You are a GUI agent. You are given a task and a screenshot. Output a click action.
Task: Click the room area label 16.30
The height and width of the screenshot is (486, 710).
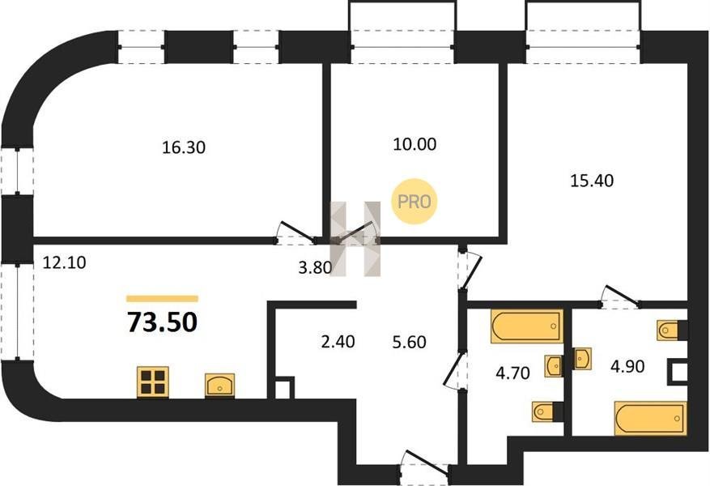[x=184, y=147]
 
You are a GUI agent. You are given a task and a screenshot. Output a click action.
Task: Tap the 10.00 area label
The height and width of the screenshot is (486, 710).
[x=415, y=144]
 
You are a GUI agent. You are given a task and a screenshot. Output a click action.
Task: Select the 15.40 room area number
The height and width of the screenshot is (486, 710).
[x=592, y=181]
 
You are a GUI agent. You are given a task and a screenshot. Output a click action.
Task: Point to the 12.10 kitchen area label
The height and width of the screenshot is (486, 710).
[x=64, y=262]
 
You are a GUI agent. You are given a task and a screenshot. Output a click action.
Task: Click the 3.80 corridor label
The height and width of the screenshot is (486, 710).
[x=315, y=267]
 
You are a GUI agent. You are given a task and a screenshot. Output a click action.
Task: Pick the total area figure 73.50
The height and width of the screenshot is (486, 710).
[x=163, y=322]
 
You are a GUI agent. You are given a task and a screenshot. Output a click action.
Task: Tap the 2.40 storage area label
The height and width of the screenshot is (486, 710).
[x=338, y=342]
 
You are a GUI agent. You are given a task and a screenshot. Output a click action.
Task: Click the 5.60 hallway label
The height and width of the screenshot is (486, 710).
[x=410, y=342]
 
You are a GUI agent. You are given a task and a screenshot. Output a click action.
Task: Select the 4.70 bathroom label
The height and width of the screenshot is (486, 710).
[x=512, y=373]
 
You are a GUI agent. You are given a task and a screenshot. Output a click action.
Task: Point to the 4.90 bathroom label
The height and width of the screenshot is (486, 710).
[x=627, y=366]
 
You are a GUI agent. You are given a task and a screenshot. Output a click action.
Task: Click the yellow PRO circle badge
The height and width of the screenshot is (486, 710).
[x=415, y=201]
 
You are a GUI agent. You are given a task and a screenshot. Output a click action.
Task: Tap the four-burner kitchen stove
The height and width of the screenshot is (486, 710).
[x=153, y=382]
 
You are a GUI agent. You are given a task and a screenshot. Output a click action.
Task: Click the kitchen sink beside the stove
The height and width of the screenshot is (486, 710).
[x=219, y=386]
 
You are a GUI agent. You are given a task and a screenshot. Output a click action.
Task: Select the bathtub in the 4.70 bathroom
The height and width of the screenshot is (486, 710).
[x=527, y=326]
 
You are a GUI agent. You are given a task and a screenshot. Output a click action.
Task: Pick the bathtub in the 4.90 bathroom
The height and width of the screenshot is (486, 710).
[x=650, y=418]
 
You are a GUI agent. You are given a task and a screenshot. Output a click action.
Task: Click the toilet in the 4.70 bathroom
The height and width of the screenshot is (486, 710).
[x=544, y=411]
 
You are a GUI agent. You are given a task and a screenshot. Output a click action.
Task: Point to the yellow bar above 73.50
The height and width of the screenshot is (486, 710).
[x=163, y=298]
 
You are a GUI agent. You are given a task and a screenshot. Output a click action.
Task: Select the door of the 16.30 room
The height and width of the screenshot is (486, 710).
[x=297, y=232]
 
